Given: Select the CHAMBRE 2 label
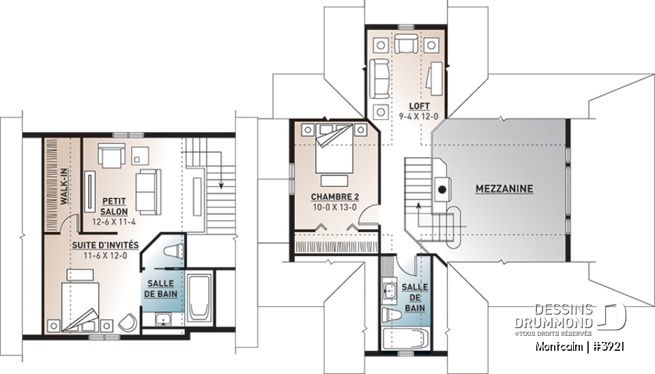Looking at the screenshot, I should (334, 197).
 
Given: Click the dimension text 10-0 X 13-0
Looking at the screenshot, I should (334, 207).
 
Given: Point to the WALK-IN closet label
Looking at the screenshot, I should (62, 185).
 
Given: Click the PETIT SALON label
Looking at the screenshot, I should (113, 205).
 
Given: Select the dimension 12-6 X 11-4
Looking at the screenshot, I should (113, 222).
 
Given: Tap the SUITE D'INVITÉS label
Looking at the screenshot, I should (106, 244).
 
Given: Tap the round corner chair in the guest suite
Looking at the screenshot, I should (127, 323).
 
